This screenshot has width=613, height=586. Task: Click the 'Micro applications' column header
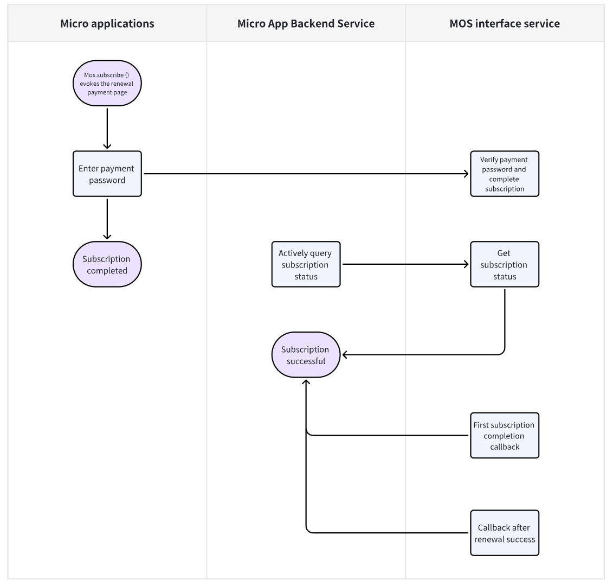(x=107, y=23)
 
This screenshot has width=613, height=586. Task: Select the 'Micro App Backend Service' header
(x=306, y=23)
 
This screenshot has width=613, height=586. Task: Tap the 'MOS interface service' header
(x=505, y=23)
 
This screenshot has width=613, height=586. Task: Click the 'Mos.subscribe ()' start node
(x=107, y=84)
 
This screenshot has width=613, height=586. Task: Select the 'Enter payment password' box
(x=107, y=174)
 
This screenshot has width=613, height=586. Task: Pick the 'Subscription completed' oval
(x=107, y=264)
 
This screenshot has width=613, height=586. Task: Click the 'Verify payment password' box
(x=505, y=174)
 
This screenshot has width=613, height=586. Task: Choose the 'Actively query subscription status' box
(x=306, y=264)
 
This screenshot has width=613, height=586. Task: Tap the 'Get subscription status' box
(x=505, y=264)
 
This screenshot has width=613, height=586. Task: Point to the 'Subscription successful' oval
(x=306, y=355)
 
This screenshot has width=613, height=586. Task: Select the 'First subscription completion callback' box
(x=505, y=436)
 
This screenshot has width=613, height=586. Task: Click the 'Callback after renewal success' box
(x=505, y=533)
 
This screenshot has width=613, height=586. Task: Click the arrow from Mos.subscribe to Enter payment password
(x=107, y=128)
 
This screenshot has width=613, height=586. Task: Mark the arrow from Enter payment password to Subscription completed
(x=107, y=219)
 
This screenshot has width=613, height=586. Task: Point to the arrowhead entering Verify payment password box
(x=466, y=174)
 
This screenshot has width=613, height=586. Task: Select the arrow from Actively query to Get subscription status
(x=405, y=264)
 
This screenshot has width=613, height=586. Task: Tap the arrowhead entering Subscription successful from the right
(x=345, y=355)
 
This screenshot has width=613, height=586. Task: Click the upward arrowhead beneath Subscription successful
(x=306, y=383)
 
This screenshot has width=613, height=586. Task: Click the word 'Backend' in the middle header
(x=315, y=23)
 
